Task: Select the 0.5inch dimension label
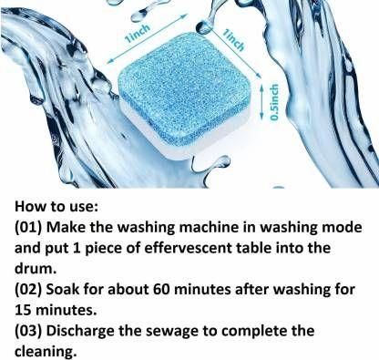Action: point(274,102)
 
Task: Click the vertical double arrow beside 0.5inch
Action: point(261,102)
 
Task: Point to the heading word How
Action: point(30,206)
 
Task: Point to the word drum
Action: point(36,269)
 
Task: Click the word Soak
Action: point(63,289)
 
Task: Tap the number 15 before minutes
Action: point(23,310)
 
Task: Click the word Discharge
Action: point(80,332)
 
